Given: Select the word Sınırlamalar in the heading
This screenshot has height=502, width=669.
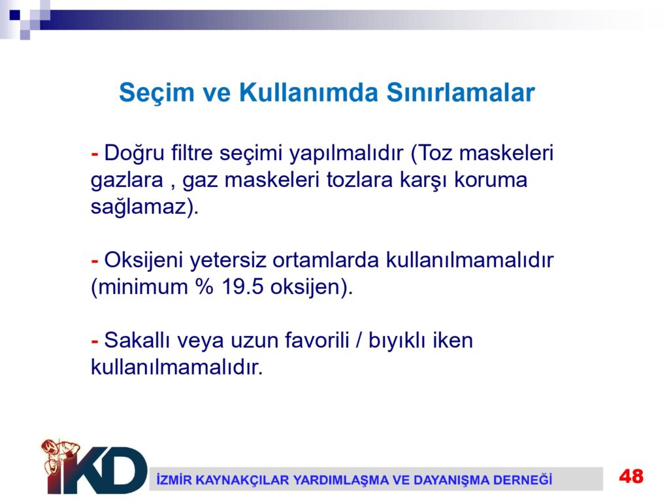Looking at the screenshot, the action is pyautogui.click(x=461, y=92).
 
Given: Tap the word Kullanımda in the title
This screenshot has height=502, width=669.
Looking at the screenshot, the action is pyautogui.click(x=308, y=92).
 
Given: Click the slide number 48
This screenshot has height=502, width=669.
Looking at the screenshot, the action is pyautogui.click(x=631, y=477).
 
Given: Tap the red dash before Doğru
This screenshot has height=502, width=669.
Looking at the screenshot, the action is pyautogui.click(x=95, y=153).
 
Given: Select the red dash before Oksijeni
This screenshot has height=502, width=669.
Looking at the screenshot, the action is pyautogui.click(x=95, y=260).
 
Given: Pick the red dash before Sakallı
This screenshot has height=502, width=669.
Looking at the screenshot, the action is pyautogui.click(x=95, y=341).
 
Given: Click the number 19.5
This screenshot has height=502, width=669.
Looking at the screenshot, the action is pyautogui.click(x=242, y=287).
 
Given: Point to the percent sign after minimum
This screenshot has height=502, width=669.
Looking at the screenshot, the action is pyautogui.click(x=204, y=287).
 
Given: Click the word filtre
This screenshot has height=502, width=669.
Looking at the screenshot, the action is pyautogui.click(x=191, y=152).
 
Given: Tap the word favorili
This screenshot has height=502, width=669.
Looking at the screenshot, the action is pyautogui.click(x=317, y=340).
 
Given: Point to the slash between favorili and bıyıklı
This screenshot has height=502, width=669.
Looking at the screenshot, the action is pyautogui.click(x=359, y=341).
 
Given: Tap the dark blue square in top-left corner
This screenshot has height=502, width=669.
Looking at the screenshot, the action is pyautogui.click(x=14, y=14).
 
